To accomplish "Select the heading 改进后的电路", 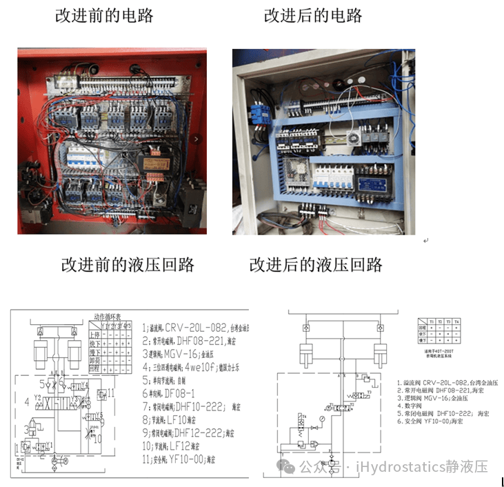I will tap(313, 16).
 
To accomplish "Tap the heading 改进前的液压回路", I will tap(128, 264).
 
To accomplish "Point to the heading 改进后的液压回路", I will tap(316, 264).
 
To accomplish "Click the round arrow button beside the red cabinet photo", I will tap(197, 139).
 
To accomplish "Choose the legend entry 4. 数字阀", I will tap(414, 405).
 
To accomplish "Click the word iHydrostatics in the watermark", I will tap(399, 467).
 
